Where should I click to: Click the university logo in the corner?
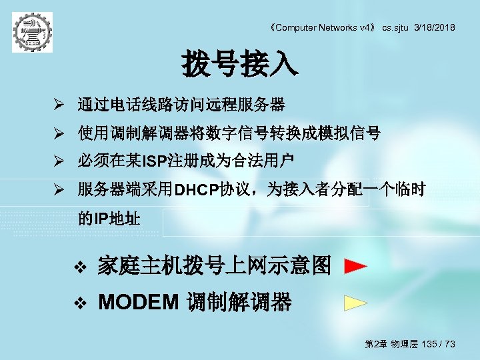point(31,31)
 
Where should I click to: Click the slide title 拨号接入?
point(240,65)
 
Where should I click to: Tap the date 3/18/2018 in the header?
point(434,27)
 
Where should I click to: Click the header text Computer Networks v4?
point(325,27)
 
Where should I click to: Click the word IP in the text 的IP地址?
point(101,218)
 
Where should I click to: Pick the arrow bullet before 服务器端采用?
point(59,190)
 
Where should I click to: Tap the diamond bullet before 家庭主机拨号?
point(80,267)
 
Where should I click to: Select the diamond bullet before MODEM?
point(80,304)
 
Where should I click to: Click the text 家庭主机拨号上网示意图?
point(214,267)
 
